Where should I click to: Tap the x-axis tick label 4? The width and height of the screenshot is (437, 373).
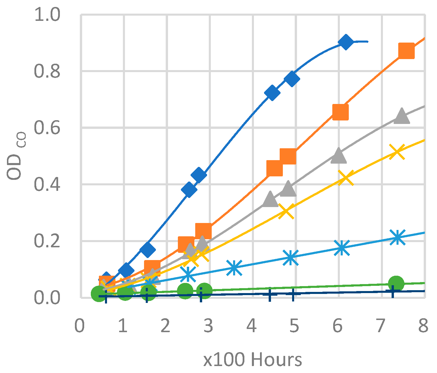[x=252, y=326]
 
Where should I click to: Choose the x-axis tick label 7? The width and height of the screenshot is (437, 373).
[x=381, y=326]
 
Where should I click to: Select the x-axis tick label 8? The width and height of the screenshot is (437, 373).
[x=423, y=326]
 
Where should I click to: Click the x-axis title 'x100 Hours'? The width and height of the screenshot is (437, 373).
[x=252, y=359]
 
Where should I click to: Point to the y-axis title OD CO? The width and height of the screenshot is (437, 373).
[x=17, y=156]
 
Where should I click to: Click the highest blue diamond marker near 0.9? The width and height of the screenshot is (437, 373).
[x=346, y=42]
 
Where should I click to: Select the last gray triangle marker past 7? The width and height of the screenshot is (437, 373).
[x=402, y=116]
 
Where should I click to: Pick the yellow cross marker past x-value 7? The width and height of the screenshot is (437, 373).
[x=397, y=152]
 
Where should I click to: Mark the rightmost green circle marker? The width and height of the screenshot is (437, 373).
[x=396, y=284]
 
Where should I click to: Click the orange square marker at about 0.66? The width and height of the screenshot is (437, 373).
[x=340, y=112]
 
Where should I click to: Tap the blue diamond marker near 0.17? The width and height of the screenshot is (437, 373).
[x=147, y=249]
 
